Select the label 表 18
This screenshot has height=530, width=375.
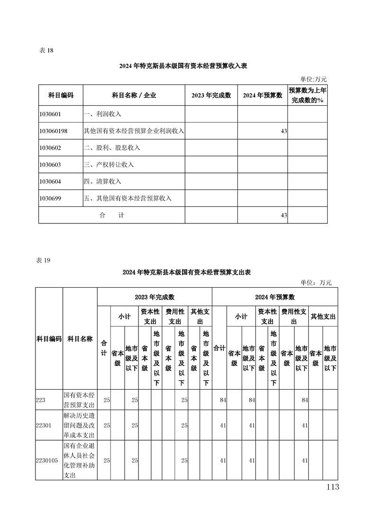46,51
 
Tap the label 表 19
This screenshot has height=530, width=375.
43,260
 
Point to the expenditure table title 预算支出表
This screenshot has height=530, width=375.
186,273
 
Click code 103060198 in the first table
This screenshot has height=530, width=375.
53,131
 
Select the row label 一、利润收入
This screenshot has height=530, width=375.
102,114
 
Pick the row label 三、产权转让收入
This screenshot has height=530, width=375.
108,164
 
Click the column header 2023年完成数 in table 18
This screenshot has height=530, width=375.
211,95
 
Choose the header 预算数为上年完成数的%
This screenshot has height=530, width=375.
307,95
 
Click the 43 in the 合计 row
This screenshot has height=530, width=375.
284,215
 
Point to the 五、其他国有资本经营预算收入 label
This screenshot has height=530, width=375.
127,198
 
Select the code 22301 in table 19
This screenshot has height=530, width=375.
44,425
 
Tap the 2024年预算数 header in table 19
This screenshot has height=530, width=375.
275,297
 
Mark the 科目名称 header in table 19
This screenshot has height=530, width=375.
80,339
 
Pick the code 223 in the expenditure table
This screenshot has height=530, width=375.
41,400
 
